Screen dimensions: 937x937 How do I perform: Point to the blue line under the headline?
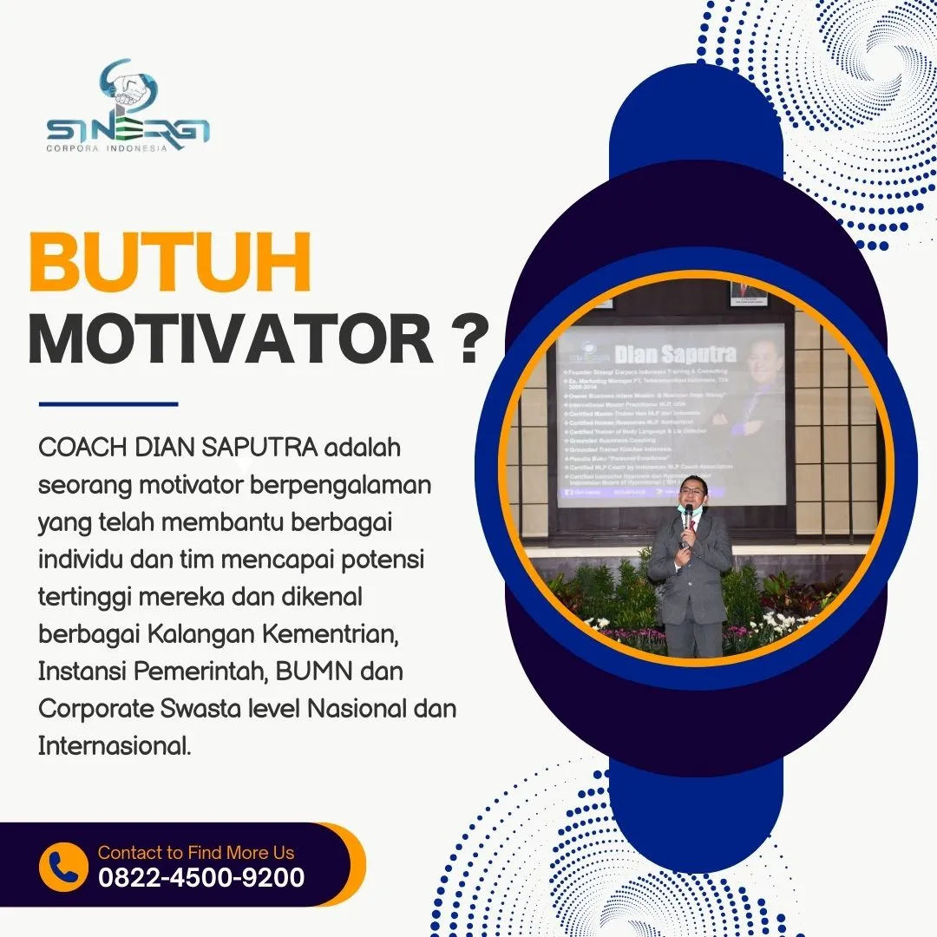108,403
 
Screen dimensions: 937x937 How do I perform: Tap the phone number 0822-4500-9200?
201,878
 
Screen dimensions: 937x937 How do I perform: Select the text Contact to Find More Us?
196,852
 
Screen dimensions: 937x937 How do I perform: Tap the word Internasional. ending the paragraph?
115,744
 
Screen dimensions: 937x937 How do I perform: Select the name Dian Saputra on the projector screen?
675,353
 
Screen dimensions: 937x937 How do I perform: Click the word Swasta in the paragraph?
201,708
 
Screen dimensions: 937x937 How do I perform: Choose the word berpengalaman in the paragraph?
340,486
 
